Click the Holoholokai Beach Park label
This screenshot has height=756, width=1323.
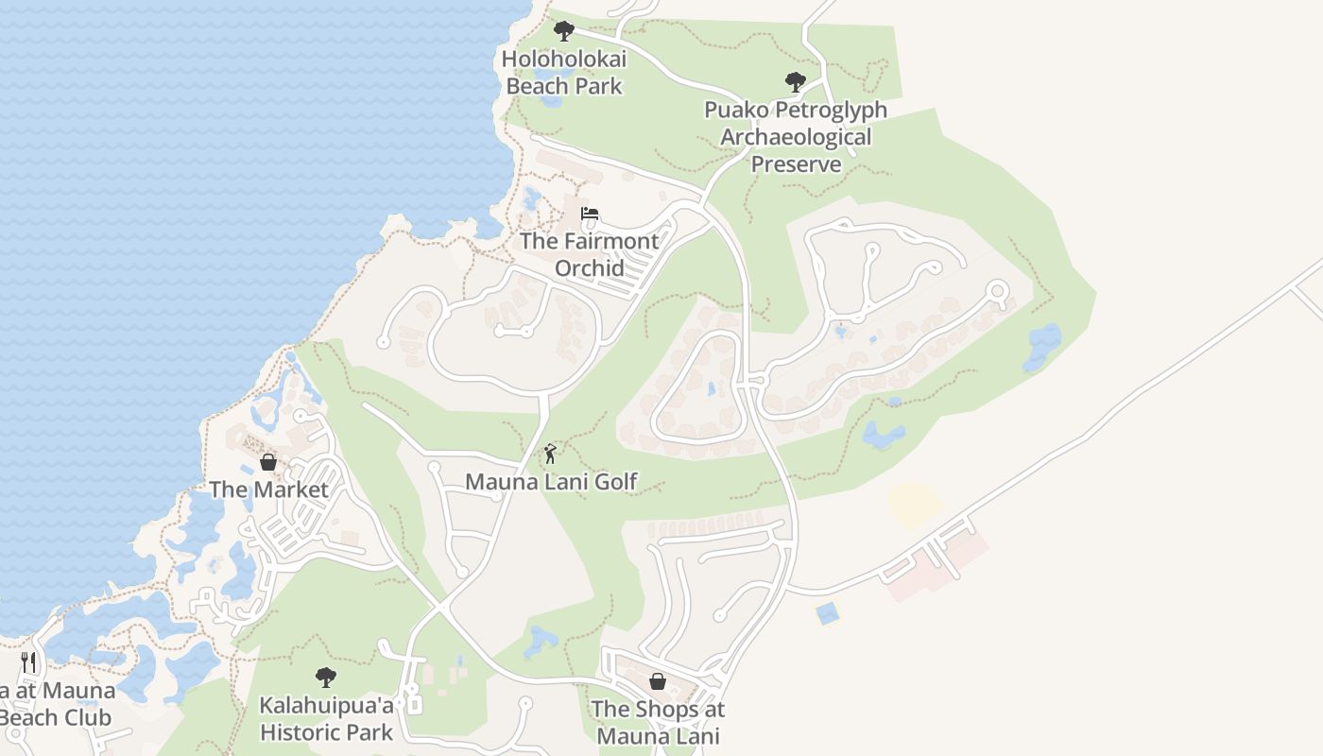point(564,72)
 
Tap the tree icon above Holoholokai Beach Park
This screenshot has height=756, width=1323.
point(564,31)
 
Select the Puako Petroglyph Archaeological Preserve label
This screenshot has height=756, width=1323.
point(796,136)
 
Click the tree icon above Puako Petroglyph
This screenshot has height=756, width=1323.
point(796,82)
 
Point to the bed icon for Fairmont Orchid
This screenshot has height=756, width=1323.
point(590,214)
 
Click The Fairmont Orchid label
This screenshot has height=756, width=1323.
point(589,254)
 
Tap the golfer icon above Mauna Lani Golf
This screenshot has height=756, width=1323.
point(550,455)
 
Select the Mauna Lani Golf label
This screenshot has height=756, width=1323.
point(551,482)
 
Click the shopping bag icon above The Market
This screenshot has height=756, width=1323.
point(268,462)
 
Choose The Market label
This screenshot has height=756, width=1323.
point(268,490)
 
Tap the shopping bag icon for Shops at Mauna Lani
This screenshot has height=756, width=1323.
point(658,681)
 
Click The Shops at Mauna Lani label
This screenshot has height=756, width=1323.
point(658,722)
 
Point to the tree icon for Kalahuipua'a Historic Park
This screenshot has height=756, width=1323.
point(326,678)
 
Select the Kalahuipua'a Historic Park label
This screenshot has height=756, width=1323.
point(326,718)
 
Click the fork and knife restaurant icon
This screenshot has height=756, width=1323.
point(28,661)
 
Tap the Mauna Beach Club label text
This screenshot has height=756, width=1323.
point(57,704)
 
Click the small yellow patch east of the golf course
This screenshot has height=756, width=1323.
point(915,504)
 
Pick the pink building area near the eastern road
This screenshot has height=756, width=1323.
point(936,565)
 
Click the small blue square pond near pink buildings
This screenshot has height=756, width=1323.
point(828,613)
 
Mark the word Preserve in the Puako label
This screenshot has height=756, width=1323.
point(796,163)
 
